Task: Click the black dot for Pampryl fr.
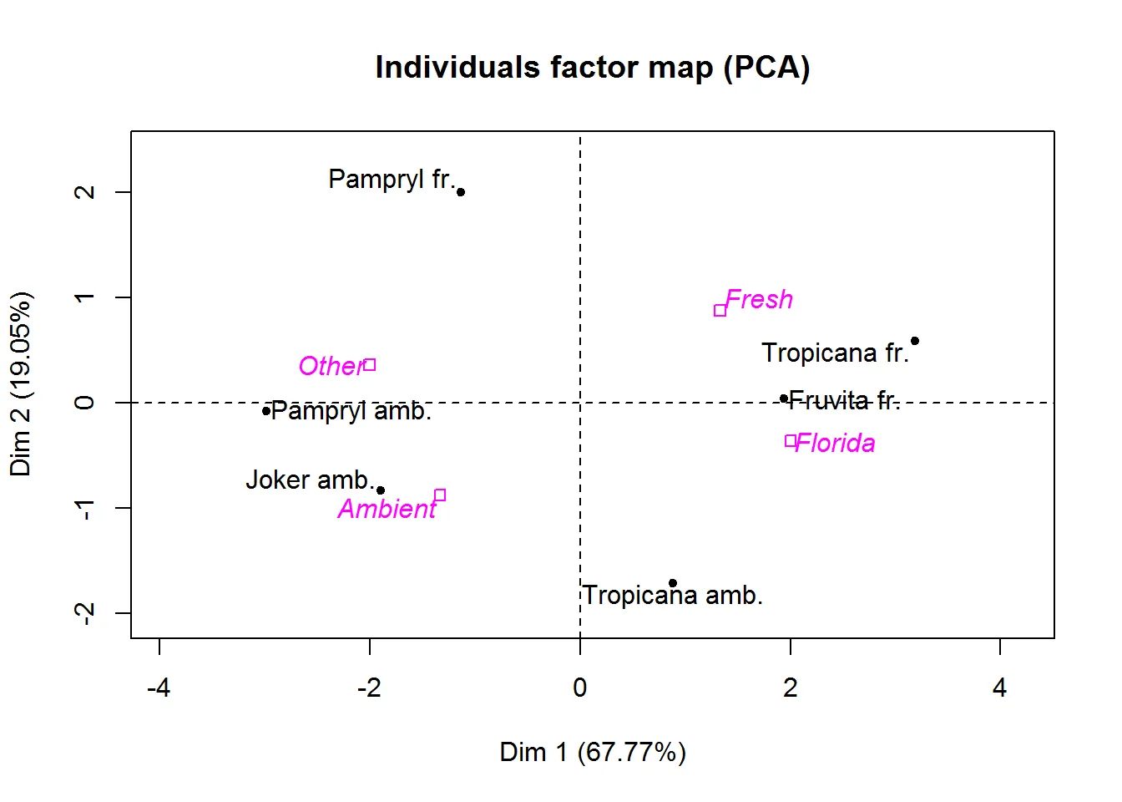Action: (461, 192)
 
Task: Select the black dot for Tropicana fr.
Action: (915, 341)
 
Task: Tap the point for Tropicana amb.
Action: (673, 583)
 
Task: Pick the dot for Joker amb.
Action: (381, 490)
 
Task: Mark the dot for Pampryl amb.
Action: (266, 411)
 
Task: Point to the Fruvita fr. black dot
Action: (783, 398)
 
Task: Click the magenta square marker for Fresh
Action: (720, 311)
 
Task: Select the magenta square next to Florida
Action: (791, 441)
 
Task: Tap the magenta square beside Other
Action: (370, 365)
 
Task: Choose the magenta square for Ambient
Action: (440, 495)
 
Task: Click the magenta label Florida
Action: (836, 443)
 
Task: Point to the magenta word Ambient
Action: (387, 509)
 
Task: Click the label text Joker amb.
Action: (309, 480)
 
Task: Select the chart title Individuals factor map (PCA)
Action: (593, 67)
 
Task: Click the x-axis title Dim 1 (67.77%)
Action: (593, 752)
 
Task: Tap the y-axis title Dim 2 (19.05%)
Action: (20, 384)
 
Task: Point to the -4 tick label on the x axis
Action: (159, 688)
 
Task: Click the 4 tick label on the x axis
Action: (1000, 688)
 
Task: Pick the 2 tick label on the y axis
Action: (84, 192)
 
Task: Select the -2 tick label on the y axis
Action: (84, 613)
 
